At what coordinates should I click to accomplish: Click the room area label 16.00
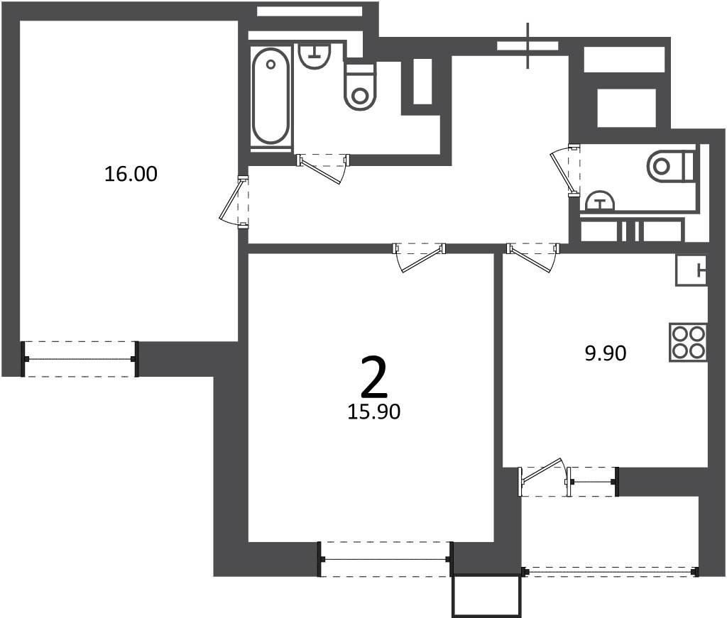tap(131, 174)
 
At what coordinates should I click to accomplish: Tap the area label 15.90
tap(373, 412)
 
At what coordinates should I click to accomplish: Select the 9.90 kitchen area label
tap(606, 353)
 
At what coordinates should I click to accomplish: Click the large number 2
tap(373, 377)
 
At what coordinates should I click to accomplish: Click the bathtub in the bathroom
tap(270, 96)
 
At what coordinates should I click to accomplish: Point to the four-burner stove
tap(688, 343)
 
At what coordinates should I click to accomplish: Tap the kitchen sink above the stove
tap(692, 270)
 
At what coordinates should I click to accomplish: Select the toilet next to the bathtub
tap(360, 87)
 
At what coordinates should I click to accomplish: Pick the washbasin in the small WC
tap(601, 201)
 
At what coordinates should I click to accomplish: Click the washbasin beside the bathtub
tap(315, 55)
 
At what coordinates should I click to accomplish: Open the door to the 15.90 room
tap(419, 257)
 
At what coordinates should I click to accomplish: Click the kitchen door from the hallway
tap(532, 258)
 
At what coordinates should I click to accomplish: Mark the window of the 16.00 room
tap(80, 359)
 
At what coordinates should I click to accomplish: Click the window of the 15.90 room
tap(385, 559)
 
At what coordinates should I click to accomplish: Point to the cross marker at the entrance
tap(528, 45)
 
